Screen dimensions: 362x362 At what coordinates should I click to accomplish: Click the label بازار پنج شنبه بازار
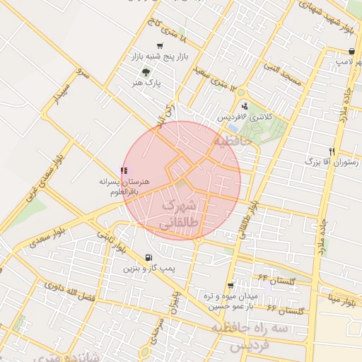(160, 56)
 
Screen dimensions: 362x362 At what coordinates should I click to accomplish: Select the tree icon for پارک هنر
(146, 72)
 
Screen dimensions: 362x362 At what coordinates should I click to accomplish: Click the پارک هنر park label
(146, 83)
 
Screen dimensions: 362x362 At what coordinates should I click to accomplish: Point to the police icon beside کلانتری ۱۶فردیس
(245, 106)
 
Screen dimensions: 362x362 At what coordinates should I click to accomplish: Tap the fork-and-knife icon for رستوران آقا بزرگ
(332, 151)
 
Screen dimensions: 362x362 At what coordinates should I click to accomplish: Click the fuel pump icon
(147, 258)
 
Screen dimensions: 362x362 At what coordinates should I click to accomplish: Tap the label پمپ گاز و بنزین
(148, 269)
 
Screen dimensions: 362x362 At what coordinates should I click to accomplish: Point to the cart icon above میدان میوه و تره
(230, 285)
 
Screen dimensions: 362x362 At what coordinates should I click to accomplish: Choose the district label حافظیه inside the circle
(233, 141)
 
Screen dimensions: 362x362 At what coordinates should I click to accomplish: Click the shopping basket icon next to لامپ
(352, 51)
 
